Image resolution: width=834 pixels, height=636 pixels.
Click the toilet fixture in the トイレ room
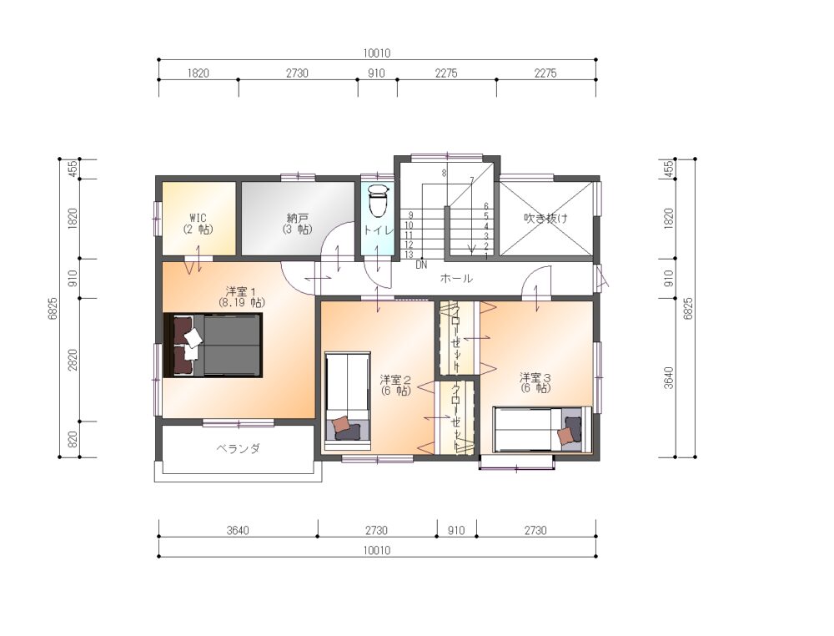coord(378,200)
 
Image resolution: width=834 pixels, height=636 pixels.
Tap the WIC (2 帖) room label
coord(198,224)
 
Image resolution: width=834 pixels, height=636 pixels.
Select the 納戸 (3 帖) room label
coord(297,224)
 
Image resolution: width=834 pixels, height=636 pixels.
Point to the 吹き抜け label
coord(545,218)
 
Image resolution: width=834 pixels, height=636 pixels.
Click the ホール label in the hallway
coord(456,278)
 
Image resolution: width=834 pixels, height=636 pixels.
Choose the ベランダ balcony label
coord(238,448)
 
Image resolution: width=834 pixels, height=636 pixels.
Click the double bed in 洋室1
coord(213,345)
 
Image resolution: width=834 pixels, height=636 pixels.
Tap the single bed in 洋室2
coord(348,396)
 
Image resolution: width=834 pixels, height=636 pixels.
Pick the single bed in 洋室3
coord(541,430)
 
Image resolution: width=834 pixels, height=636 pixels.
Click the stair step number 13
coord(409,255)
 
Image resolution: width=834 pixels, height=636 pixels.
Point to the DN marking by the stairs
coord(421,265)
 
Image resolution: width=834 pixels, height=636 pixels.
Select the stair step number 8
coord(444,173)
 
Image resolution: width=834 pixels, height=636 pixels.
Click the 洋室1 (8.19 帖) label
coord(242,297)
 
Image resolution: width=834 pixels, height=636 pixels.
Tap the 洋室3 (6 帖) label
coord(535,382)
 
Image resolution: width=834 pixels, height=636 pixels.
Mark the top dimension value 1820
coord(198,73)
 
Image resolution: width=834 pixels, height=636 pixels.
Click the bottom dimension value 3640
coord(237,530)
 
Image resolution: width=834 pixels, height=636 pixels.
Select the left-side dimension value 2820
coord(73,360)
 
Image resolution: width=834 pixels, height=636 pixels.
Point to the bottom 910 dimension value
coord(456,530)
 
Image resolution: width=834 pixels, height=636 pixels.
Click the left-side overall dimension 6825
coord(52,308)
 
